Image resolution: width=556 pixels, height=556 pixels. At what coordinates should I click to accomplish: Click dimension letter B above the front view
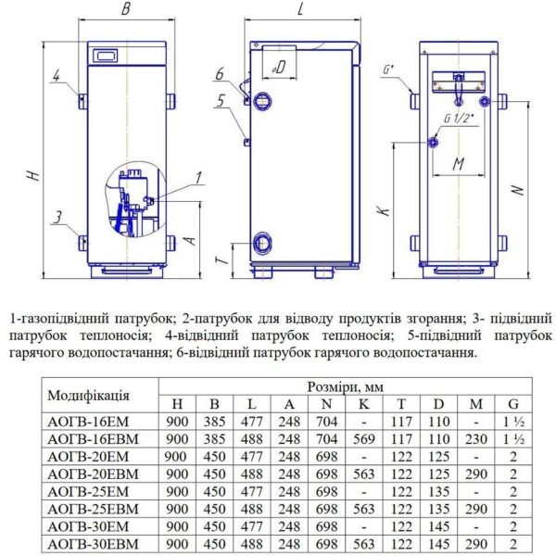tap(127, 11)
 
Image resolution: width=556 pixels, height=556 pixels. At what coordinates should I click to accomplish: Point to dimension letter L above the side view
tap(302, 11)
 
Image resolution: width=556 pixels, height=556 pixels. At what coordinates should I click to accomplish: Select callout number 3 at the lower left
tap(57, 218)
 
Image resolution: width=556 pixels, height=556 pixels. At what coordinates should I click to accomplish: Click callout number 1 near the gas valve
tap(197, 178)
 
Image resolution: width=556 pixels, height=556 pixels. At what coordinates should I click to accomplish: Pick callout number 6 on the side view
tap(221, 74)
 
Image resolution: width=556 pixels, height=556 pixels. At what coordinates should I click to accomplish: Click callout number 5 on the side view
tap(221, 103)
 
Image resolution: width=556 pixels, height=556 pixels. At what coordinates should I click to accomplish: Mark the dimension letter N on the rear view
tap(520, 189)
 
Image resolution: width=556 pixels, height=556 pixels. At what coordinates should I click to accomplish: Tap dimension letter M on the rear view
tap(459, 164)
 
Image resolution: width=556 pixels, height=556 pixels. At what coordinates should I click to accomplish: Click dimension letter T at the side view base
tap(221, 262)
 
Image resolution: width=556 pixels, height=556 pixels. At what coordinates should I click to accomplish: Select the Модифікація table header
tap(88, 394)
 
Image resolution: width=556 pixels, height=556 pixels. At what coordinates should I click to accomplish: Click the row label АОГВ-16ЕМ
tap(88, 420)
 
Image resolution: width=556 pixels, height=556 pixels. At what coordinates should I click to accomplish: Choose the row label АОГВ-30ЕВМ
tap(90, 542)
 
